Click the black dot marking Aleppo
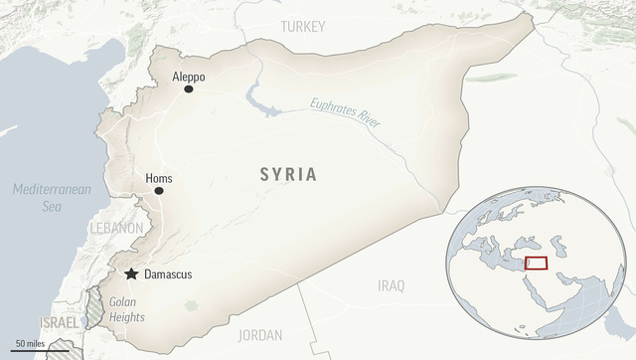(188, 90)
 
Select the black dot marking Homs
(159, 190)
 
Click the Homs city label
(159, 178)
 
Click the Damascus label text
(168, 273)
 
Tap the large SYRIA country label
(288, 175)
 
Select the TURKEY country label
(303, 26)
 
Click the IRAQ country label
(392, 285)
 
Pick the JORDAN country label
(260, 335)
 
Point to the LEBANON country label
(115, 228)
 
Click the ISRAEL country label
(58, 324)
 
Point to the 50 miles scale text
(28, 343)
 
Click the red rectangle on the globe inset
(536, 264)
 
